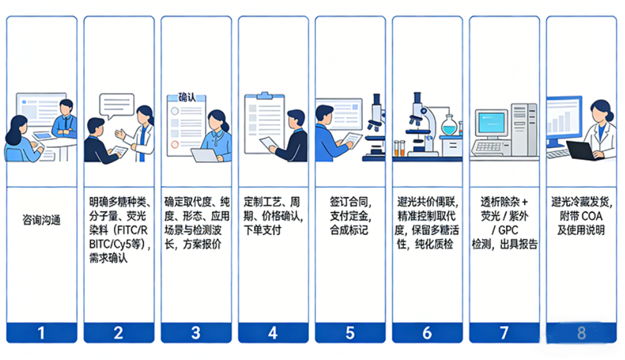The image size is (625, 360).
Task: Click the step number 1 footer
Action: click(x=41, y=333)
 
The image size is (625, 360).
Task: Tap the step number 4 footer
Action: click(x=273, y=333)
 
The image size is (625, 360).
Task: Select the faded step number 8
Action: click(x=582, y=333)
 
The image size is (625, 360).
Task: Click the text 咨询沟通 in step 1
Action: click(x=41, y=220)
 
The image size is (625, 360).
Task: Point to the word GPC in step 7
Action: click(x=509, y=230)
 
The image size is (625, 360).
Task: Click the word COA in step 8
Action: click(x=592, y=216)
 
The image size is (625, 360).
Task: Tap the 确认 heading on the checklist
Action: click(x=187, y=98)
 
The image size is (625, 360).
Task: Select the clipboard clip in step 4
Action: click(x=264, y=96)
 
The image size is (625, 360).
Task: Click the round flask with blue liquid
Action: click(x=449, y=125)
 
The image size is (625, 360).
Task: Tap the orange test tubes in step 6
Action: click(x=399, y=148)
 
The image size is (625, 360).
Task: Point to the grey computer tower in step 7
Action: click(x=524, y=130)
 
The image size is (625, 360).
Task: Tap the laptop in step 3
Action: click(x=205, y=155)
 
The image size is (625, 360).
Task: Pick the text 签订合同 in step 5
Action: click(x=350, y=202)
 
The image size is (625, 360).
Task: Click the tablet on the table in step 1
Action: click(x=43, y=136)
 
